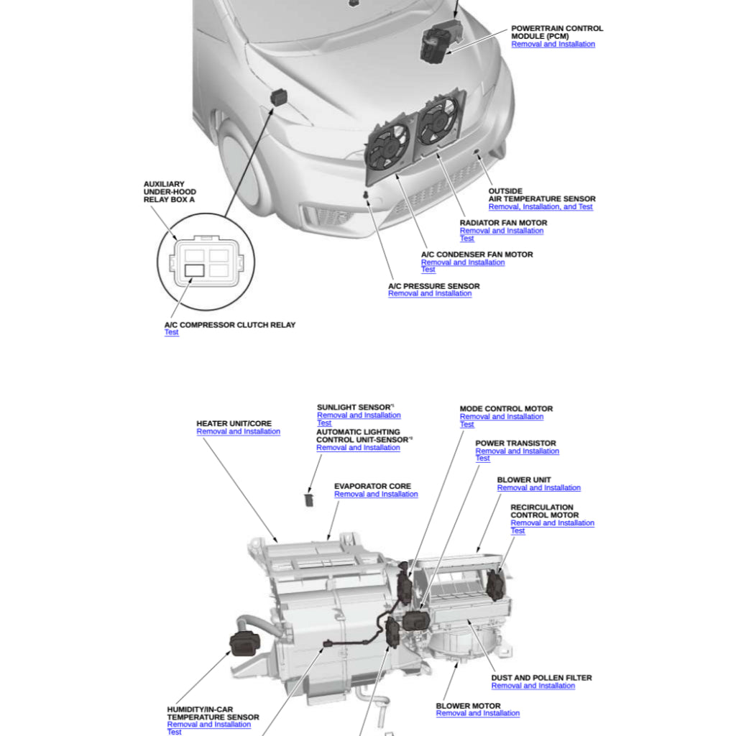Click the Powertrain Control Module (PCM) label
tap(556, 32)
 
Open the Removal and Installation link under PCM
tap(553, 45)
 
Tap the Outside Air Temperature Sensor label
tap(541, 195)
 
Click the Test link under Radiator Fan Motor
tap(467, 239)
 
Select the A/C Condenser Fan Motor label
tap(477, 254)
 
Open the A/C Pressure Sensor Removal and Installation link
tap(430, 294)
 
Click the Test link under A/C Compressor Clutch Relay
tap(171, 333)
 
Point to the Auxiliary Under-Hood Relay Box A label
tap(169, 192)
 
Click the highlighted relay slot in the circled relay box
tap(195, 270)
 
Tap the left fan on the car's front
tap(388, 148)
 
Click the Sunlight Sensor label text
tap(354, 407)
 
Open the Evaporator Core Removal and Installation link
tap(375, 494)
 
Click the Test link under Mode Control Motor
tap(466, 425)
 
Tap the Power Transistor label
tap(515, 443)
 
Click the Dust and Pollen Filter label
tap(541, 678)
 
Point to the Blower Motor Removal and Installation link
tap(477, 714)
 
